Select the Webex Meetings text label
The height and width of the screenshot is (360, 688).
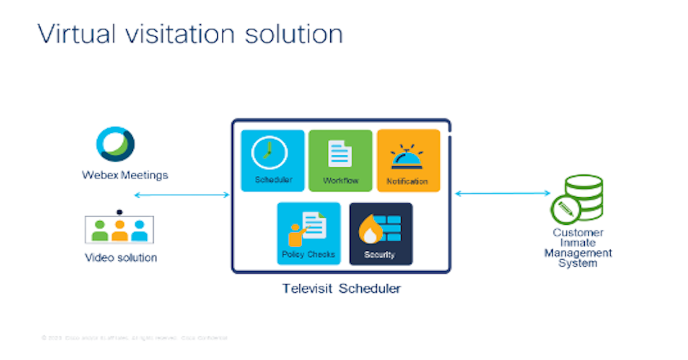coord(125,175)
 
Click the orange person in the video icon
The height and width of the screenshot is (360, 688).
coord(119,230)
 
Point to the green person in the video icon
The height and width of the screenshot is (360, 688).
coord(100,230)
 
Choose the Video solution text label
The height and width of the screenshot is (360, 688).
coord(121,257)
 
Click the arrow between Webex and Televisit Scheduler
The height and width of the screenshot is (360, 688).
coord(182,195)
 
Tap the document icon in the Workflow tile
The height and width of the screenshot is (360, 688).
coord(340,154)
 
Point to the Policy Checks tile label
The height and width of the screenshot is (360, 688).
coord(308,254)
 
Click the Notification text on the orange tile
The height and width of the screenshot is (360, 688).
coord(408,181)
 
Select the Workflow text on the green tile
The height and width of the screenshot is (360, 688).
coord(341,181)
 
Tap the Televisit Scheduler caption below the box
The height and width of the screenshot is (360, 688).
coord(341,288)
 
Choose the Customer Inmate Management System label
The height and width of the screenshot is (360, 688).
coord(578,248)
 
